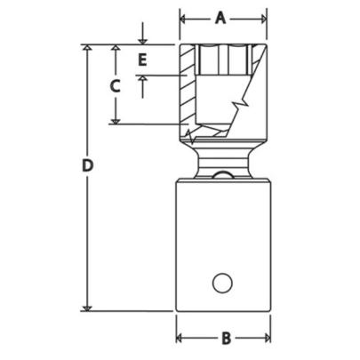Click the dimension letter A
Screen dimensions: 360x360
[222, 18]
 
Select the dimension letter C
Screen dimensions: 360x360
[115, 85]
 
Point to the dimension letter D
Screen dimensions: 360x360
[86, 166]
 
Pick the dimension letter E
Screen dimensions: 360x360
[142, 60]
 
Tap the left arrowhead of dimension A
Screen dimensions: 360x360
[184, 18]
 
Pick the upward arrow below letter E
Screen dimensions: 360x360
[142, 81]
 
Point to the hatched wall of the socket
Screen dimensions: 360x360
[187, 89]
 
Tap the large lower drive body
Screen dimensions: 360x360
[222, 240]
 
